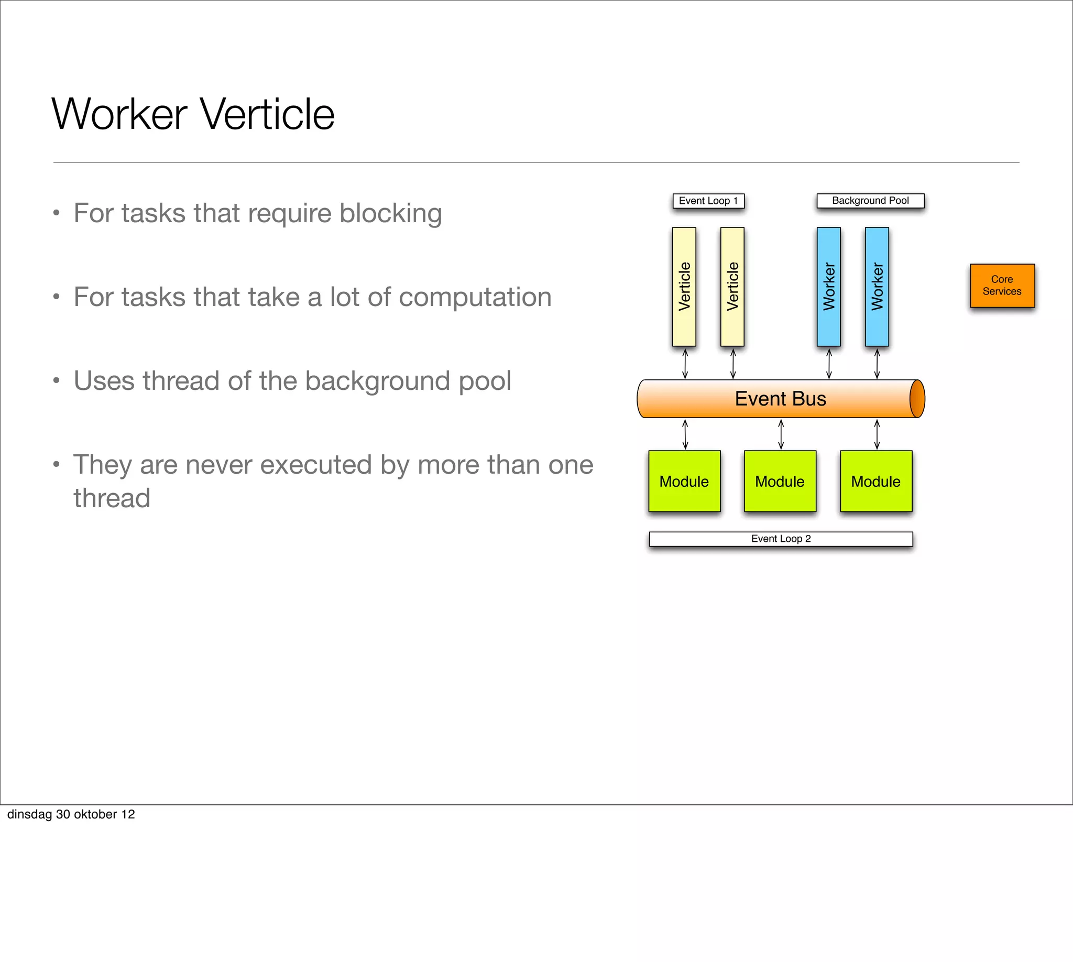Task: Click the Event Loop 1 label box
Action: coord(708,201)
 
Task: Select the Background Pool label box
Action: coord(870,201)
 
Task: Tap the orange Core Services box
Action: coord(1002,286)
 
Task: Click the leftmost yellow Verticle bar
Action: coord(684,287)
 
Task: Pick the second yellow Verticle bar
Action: coord(732,287)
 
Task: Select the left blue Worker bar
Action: coord(828,287)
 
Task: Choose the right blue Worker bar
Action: coord(877,287)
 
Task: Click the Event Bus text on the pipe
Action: coord(780,399)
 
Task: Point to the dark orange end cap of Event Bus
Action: coord(917,399)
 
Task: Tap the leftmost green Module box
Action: coord(684,481)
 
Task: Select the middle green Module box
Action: coord(780,481)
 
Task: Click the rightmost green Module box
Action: coord(876,481)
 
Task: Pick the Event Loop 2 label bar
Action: coord(781,539)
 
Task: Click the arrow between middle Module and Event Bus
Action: coord(781,434)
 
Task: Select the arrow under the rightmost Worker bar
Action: coord(877,364)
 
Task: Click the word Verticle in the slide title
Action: coord(267,114)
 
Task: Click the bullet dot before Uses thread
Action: coord(56,380)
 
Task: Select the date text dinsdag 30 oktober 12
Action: coord(71,814)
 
